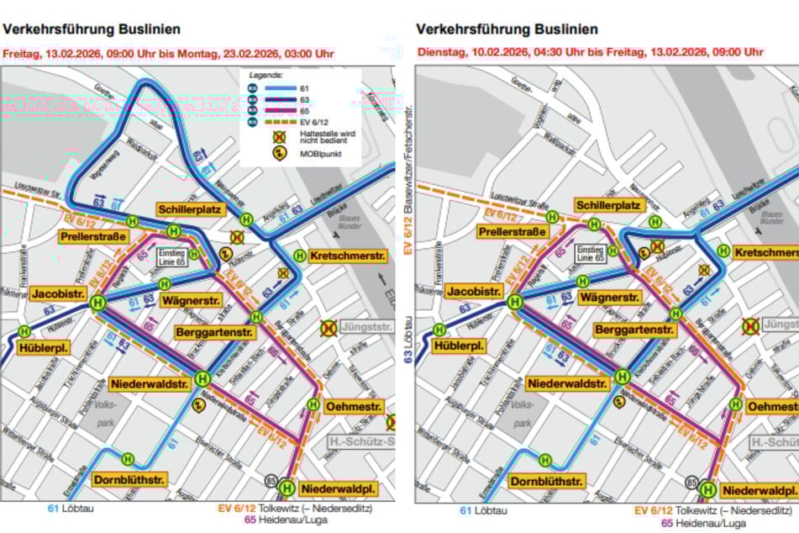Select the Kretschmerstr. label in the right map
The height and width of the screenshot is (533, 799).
point(765,253)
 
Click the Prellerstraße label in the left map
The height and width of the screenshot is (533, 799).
point(93,237)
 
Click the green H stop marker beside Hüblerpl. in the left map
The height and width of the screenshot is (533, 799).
point(24,331)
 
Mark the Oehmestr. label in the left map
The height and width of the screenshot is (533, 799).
point(354,405)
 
